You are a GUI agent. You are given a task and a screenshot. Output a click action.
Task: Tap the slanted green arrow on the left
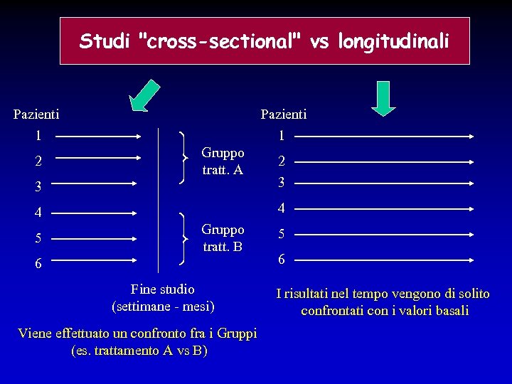tap(147, 96)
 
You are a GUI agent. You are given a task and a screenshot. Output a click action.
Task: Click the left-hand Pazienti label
tap(36, 113)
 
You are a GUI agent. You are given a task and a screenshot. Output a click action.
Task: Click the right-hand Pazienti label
tap(284, 114)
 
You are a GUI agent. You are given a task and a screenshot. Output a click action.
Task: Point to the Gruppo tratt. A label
tap(223, 161)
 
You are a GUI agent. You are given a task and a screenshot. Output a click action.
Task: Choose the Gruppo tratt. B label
tap(223, 238)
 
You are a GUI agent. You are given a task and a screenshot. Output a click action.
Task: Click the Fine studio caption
tap(163, 289)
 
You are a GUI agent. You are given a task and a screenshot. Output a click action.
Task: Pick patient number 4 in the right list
tap(282, 208)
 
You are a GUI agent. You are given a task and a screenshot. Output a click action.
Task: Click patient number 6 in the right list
tap(282, 260)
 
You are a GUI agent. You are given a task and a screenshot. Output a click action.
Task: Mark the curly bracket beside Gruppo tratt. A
tap(187, 156)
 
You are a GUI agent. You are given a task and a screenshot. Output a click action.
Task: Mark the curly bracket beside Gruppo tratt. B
tap(187, 238)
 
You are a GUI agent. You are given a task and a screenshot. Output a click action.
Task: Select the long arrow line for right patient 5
tap(384, 235)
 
